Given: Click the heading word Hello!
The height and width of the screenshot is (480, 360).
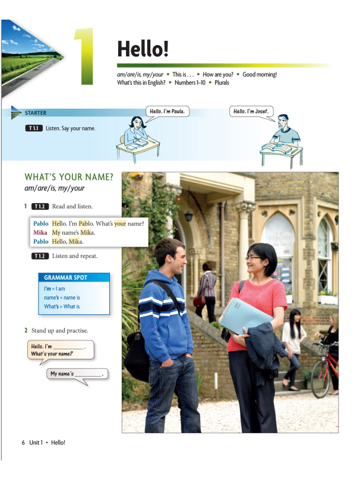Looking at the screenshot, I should (x=144, y=48).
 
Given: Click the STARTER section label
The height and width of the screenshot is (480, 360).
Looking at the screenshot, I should (x=35, y=113).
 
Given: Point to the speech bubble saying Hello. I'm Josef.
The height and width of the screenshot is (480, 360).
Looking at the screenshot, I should (x=251, y=111).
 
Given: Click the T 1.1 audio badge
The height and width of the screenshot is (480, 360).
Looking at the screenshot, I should (x=34, y=128).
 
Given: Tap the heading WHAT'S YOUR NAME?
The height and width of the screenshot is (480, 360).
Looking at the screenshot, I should (x=68, y=177).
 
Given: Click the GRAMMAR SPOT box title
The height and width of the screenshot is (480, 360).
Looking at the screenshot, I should (x=66, y=277).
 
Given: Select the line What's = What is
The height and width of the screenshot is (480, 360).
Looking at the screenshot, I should (x=62, y=307).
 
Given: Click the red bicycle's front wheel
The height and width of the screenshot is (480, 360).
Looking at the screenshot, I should (x=320, y=380).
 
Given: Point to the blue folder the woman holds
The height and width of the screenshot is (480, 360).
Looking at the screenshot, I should (x=244, y=315).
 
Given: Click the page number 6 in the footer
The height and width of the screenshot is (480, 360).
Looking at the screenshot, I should (x=23, y=443).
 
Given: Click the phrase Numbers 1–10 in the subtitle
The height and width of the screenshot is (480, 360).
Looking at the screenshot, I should (x=193, y=83).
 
